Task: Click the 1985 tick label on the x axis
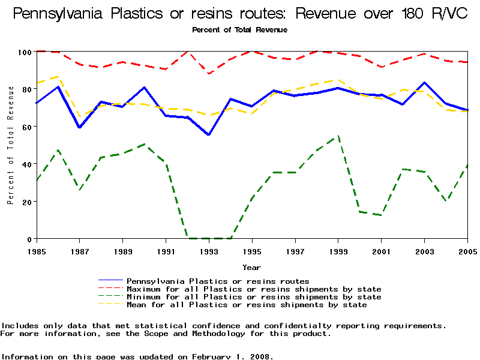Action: click(x=37, y=251)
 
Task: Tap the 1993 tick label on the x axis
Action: click(x=209, y=251)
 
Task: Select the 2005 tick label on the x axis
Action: click(x=467, y=251)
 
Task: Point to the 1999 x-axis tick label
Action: click(x=338, y=251)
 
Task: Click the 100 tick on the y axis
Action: click(x=25, y=52)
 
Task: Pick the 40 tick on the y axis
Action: click(x=26, y=164)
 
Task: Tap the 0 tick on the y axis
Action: click(x=29, y=239)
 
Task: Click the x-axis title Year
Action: click(x=251, y=267)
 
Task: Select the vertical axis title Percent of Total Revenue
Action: click(x=11, y=145)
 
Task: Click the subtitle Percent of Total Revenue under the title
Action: click(x=239, y=29)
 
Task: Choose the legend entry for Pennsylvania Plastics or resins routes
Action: click(x=218, y=281)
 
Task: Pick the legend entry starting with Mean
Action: click(x=247, y=305)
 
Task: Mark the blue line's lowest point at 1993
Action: click(x=209, y=135)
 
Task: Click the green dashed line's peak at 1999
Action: click(x=338, y=136)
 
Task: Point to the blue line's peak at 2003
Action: click(x=425, y=83)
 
